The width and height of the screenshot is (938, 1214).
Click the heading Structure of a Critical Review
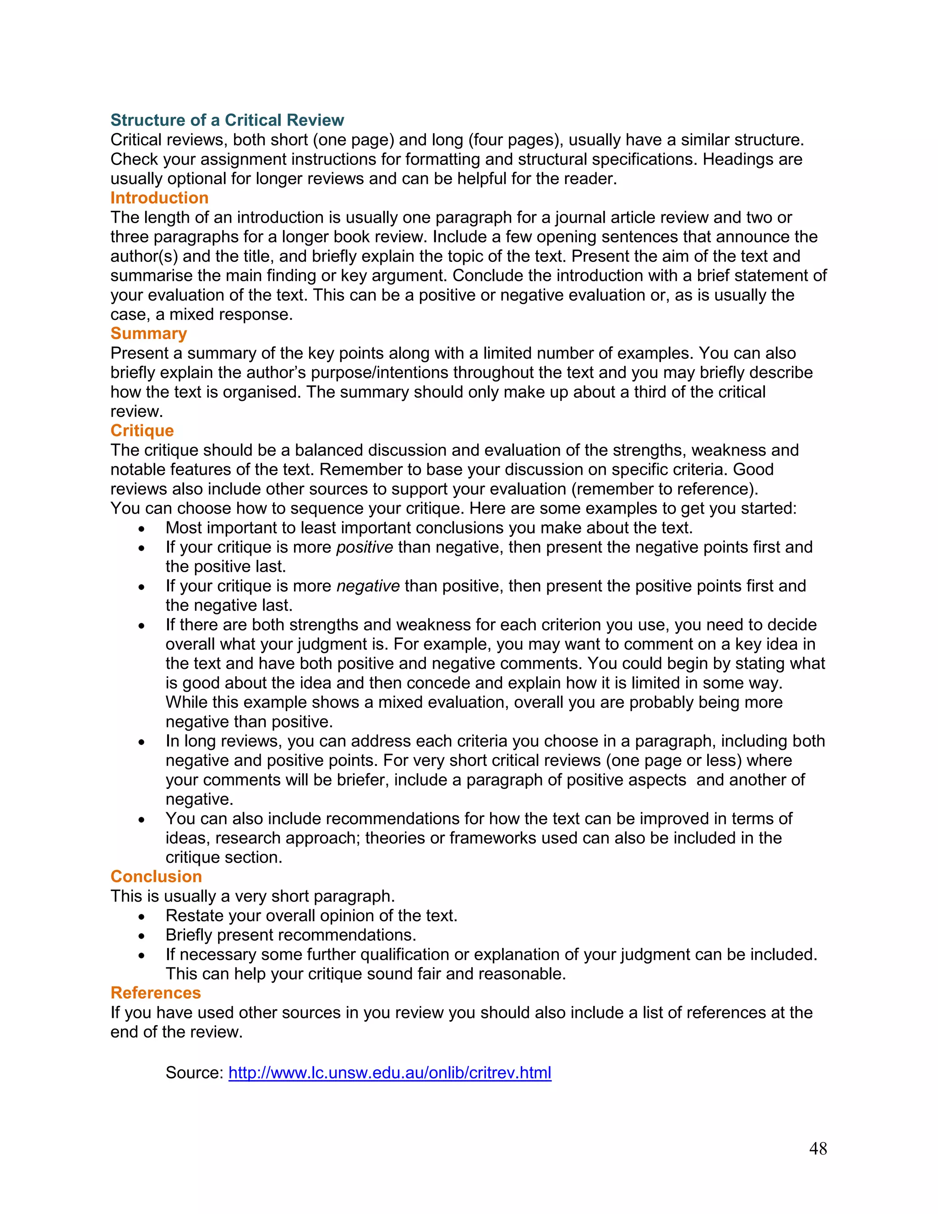tap(227, 120)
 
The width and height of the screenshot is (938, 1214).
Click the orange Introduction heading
tap(159, 198)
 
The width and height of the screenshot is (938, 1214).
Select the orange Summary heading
tap(148, 334)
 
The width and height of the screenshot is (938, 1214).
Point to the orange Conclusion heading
tap(156, 876)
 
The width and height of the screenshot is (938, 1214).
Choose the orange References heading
tap(156, 993)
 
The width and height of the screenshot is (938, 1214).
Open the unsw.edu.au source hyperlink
tap(390, 1072)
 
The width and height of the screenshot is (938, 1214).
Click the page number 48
tap(818, 1148)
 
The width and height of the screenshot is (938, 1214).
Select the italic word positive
tap(365, 547)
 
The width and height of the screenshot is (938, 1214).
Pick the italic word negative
tap(368, 586)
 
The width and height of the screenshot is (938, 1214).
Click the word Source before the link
tap(194, 1072)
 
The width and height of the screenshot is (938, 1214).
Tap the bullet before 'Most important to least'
tap(142, 529)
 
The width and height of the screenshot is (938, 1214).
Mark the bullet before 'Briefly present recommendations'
tap(142, 936)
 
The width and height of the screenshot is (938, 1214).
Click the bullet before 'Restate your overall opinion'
tap(142, 917)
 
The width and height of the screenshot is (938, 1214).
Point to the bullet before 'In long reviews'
tap(142, 742)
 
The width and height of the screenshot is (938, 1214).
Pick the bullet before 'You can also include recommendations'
tap(142, 820)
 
